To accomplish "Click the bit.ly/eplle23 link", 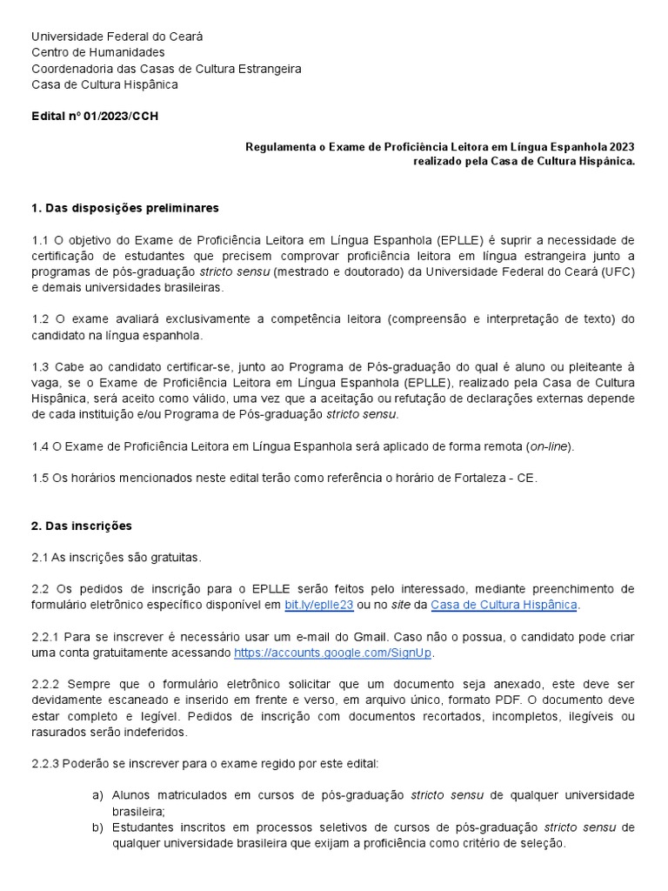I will click(315, 604).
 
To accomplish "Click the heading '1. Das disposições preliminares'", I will click(125, 209).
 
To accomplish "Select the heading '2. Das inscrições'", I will click(82, 526).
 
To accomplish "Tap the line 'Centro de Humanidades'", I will click(98, 52).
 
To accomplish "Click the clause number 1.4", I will click(40, 446).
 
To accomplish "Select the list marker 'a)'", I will click(97, 795).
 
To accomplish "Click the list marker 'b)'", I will click(97, 827).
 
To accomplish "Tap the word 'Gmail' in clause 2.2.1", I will click(369, 636).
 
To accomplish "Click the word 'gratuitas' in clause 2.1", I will click(173, 557).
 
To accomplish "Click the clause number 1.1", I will click(40, 240).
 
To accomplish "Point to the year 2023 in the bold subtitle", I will click(617, 147).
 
